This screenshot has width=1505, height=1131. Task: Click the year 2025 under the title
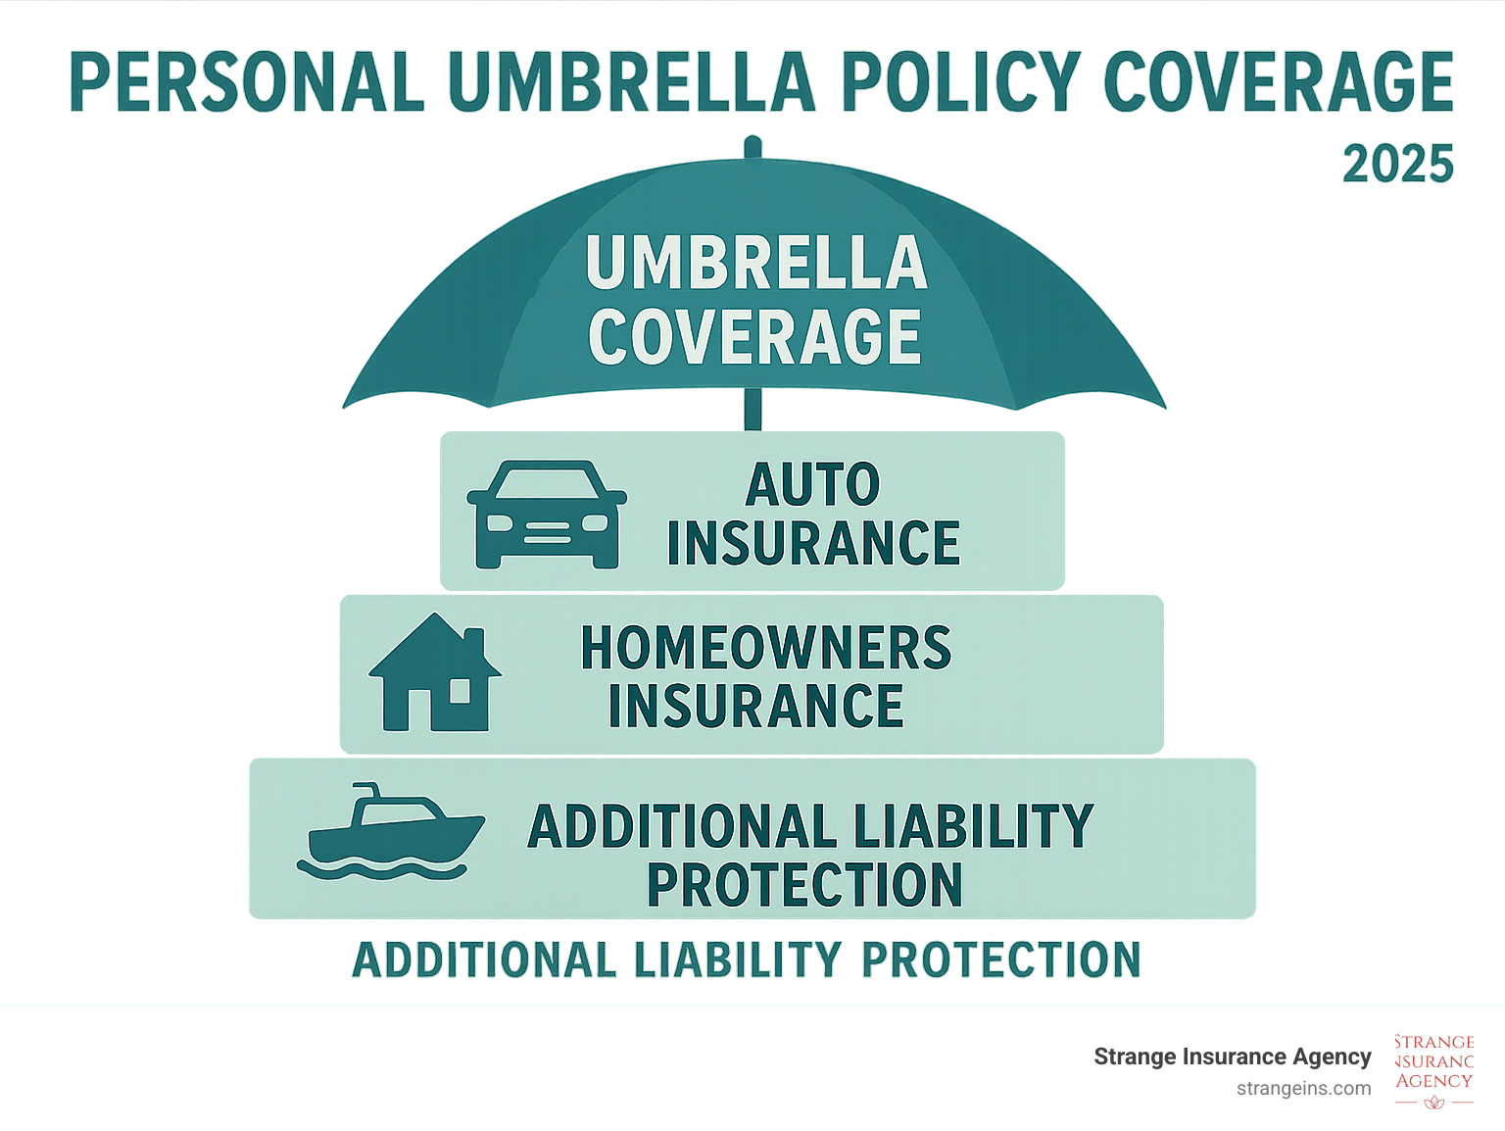tap(1398, 164)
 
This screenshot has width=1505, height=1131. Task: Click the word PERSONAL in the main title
tap(247, 81)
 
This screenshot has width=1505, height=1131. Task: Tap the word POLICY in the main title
tap(961, 81)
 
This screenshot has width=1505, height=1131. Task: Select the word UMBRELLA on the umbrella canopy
tap(756, 264)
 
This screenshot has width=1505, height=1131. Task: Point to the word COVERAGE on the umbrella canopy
tap(754, 335)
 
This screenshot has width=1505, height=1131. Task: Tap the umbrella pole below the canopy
tap(752, 410)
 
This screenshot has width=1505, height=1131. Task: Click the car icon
tap(547, 514)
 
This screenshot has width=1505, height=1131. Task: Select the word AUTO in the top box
tap(812, 484)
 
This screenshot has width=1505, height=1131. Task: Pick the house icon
tap(435, 672)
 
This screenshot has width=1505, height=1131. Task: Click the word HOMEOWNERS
tap(766, 647)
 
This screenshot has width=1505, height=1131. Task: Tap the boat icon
tap(391, 831)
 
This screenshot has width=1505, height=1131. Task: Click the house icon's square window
tap(460, 691)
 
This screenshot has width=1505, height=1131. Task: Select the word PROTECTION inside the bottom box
tap(805, 885)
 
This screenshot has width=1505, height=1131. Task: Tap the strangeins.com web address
tap(1303, 1089)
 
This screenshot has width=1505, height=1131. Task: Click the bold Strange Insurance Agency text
tap(1232, 1057)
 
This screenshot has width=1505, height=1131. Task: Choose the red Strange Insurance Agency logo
tap(1434, 1071)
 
